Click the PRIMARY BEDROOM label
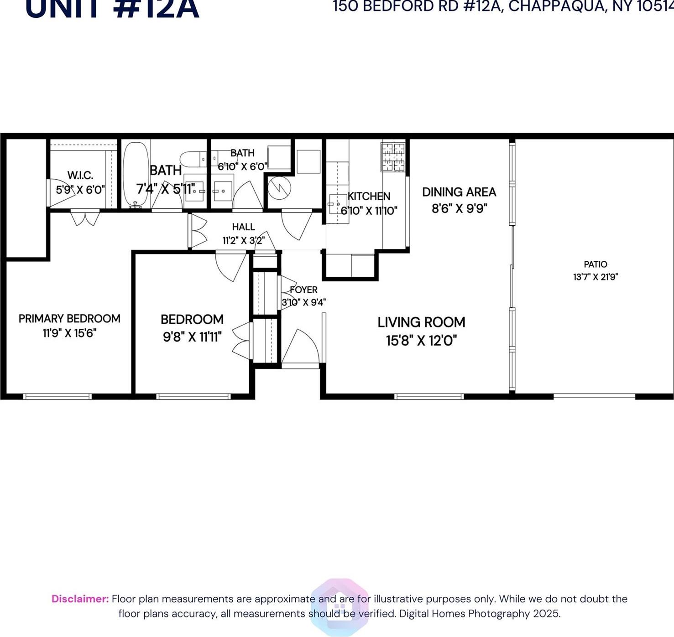pyautogui.click(x=69, y=318)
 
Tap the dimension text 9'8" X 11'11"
pyautogui.click(x=192, y=337)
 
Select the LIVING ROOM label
pyautogui.click(x=421, y=322)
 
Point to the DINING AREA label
pyautogui.click(x=459, y=192)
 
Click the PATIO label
pyautogui.click(x=596, y=264)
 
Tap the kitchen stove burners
pyautogui.click(x=393, y=157)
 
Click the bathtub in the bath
pyautogui.click(x=136, y=174)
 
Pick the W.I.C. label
pyautogui.click(x=80, y=175)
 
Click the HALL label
pyautogui.click(x=243, y=227)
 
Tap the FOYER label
pyautogui.click(x=303, y=290)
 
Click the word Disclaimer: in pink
pyautogui.click(x=80, y=599)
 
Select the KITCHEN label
pyautogui.click(x=369, y=197)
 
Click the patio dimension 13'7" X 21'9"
pyautogui.click(x=596, y=277)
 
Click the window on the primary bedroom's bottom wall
pyautogui.click(x=57, y=396)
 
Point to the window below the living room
pyautogui.click(x=429, y=396)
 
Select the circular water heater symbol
pyautogui.click(x=279, y=187)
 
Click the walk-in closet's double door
pyautogui.click(x=85, y=218)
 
